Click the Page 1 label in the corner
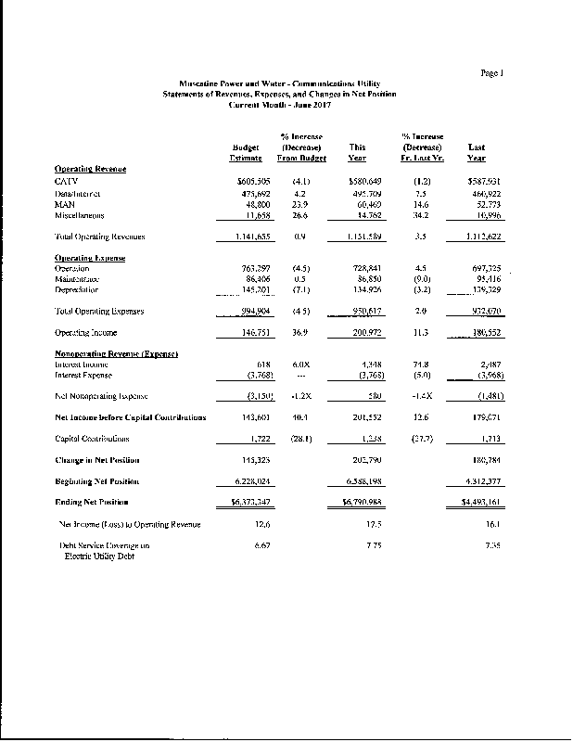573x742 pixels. pos(491,71)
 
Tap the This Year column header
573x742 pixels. pos(357,153)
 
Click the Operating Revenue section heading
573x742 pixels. pos(90,169)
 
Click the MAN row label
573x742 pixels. pos(65,204)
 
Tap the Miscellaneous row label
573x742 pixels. pos(80,215)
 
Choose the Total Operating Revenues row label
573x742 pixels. pos(99,237)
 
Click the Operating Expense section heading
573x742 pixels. pos(90,257)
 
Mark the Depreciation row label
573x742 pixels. pos(77,289)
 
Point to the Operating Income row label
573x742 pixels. pos(84,332)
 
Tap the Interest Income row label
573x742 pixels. pos(81,365)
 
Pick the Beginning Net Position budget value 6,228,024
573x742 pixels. pos(248,481)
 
